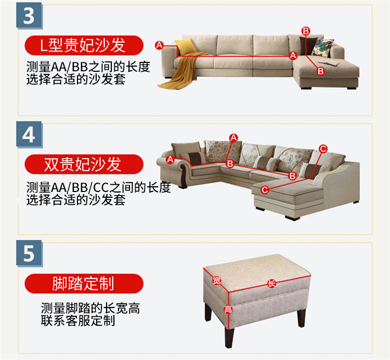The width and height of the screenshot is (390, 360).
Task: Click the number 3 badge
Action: tap(29, 16)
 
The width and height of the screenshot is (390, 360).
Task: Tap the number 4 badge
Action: tap(29, 135)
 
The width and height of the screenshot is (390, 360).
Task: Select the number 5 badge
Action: tap(29, 253)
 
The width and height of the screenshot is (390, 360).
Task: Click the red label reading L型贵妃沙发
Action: tap(84, 45)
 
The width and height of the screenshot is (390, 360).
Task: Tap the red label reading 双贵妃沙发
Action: tap(84, 164)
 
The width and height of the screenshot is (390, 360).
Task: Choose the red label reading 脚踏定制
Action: tap(84, 284)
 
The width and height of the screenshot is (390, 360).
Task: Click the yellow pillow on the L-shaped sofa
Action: tap(185, 47)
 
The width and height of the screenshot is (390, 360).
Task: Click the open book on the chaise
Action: tap(328, 62)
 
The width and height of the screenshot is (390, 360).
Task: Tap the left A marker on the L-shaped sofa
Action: tap(159, 45)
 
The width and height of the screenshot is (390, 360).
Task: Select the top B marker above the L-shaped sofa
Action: tap(306, 31)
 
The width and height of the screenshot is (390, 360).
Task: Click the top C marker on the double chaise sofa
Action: tap(323, 149)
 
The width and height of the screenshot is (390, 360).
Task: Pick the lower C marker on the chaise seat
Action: tap(265, 190)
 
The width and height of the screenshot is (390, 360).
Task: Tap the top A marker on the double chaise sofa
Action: tap(233, 137)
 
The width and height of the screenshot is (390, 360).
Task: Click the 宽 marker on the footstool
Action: tap(217, 280)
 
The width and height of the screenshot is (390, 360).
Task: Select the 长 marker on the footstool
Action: tap(271, 284)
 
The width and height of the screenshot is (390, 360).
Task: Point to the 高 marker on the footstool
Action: tap(228, 309)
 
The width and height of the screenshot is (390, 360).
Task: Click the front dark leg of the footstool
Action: tap(229, 337)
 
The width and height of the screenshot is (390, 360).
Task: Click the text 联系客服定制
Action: tap(78, 320)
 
